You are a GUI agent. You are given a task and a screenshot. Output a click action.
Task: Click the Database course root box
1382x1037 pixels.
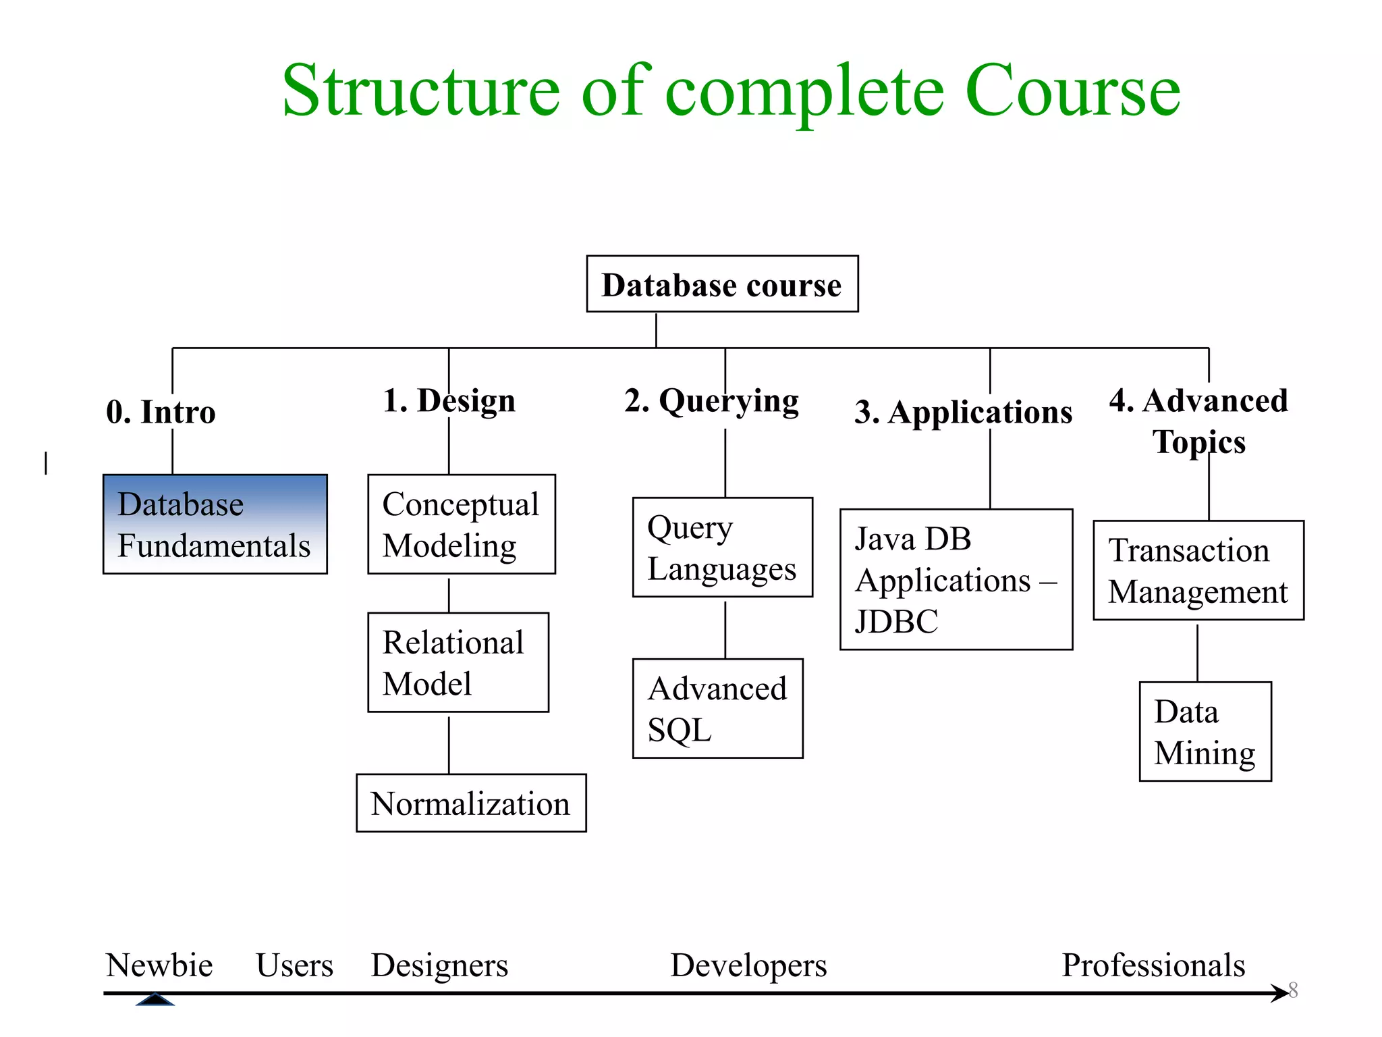click(722, 284)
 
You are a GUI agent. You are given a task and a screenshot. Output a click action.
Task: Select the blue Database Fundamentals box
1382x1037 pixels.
click(215, 525)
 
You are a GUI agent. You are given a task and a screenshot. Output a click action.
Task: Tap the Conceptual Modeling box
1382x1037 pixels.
click(462, 525)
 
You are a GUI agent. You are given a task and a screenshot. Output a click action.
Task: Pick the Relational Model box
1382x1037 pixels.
click(458, 662)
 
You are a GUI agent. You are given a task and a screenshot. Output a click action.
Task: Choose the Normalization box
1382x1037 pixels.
click(471, 803)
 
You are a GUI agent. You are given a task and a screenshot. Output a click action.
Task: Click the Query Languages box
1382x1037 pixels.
click(722, 548)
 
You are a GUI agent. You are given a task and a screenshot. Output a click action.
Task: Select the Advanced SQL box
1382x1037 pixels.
click(717, 709)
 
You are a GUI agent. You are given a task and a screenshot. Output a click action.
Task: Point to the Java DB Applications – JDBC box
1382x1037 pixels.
click(956, 579)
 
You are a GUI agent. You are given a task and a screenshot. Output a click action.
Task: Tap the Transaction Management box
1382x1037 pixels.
click(1198, 570)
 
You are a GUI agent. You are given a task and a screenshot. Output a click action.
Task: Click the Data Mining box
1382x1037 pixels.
click(1205, 732)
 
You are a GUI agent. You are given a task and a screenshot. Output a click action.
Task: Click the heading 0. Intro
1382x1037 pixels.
click(161, 412)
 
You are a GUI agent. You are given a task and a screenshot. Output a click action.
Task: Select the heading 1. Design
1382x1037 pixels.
click(449, 400)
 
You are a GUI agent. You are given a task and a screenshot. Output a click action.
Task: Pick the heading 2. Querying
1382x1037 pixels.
click(711, 401)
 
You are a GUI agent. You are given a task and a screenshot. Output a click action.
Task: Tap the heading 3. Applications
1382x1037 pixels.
click(963, 412)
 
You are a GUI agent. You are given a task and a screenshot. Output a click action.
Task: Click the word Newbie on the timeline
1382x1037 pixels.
click(159, 965)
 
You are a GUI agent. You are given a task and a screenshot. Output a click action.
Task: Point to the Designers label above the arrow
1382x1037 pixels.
click(439, 965)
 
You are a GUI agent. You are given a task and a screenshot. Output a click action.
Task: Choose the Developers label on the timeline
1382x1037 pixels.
click(748, 965)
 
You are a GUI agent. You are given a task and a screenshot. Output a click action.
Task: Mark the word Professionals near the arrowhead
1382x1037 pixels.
click(1153, 965)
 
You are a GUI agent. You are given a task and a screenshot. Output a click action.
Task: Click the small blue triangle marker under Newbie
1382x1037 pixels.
click(155, 1000)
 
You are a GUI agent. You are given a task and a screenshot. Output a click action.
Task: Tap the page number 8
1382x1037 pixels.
click(1293, 990)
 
